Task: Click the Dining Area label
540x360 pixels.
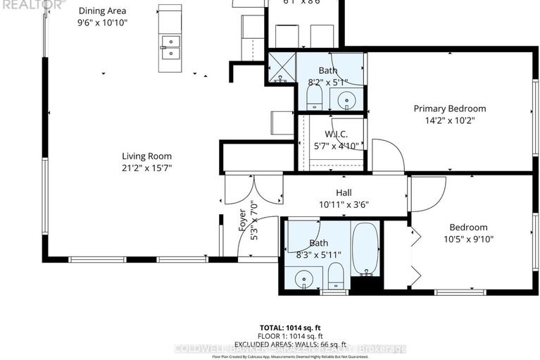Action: click(103, 11)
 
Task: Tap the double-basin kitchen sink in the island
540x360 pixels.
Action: click(169, 47)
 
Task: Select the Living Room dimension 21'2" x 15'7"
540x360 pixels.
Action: click(146, 168)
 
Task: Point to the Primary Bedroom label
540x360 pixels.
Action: click(449, 108)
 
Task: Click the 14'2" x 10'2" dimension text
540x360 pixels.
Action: click(449, 120)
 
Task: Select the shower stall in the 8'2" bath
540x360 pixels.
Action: click(282, 67)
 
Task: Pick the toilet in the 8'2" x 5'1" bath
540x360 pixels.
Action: click(315, 97)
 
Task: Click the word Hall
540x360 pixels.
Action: click(344, 192)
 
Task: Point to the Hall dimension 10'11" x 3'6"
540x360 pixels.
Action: click(344, 204)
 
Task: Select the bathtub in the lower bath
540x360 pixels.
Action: click(365, 249)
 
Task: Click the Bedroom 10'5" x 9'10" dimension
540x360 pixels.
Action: click(468, 239)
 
